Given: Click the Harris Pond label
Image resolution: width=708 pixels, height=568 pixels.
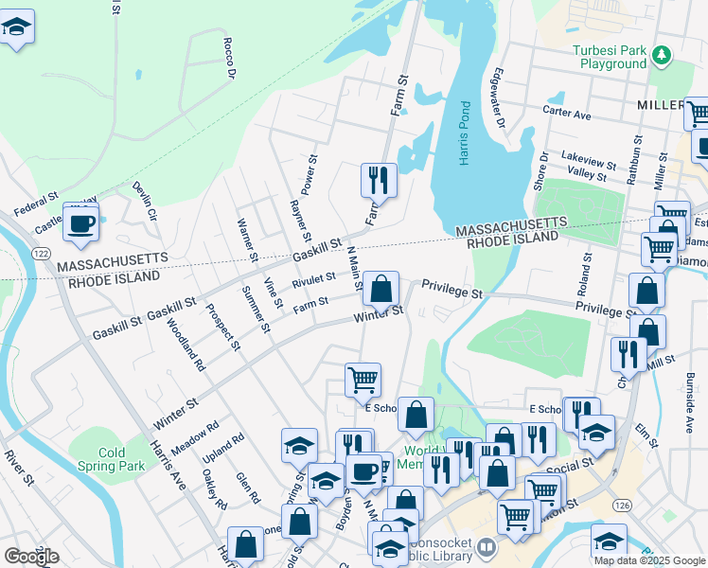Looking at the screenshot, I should tap(465, 133).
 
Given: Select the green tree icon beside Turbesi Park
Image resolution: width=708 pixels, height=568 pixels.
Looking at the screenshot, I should tap(663, 56).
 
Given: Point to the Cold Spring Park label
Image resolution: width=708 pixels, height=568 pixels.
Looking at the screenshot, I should tap(112, 459).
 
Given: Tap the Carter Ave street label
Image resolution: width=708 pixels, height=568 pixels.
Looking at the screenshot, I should tap(566, 114).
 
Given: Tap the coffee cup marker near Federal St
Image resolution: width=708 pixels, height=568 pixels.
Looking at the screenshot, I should tap(81, 223).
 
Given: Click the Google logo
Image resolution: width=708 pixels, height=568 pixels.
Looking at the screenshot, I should tap(31, 556).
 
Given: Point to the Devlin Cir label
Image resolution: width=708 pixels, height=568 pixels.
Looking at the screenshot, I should tap(144, 201).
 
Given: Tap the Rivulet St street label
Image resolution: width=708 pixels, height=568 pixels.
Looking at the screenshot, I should tap(313, 279).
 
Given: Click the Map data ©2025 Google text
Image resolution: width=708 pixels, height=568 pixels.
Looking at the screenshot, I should tap(648, 560).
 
